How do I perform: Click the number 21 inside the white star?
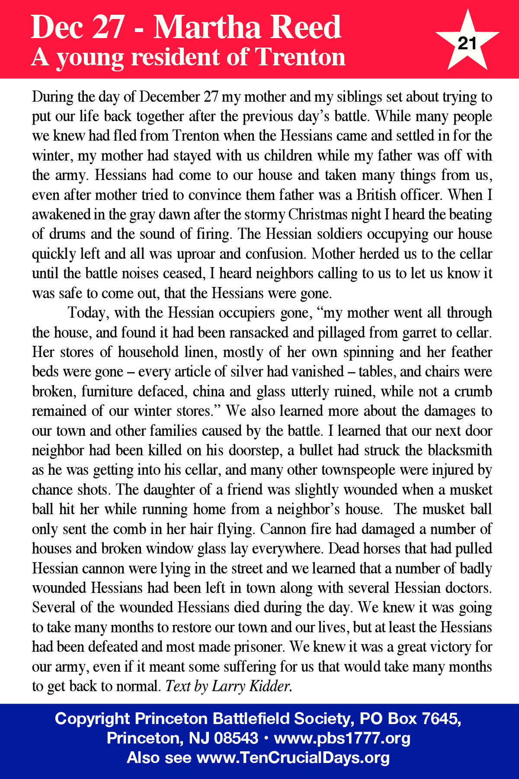coord(467,43)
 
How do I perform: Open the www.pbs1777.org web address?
coord(342,738)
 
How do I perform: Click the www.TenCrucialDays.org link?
coord(293,758)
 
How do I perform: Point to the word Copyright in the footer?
coord(92,719)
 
